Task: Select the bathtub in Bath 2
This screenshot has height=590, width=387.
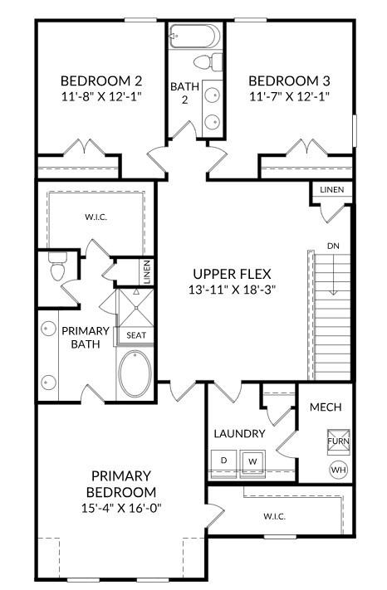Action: click(195, 36)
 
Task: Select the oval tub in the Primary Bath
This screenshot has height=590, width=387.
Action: click(135, 375)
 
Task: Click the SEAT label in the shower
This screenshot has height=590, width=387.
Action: click(135, 335)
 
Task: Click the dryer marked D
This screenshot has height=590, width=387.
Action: click(223, 460)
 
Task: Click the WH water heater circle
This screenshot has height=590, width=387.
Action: click(338, 470)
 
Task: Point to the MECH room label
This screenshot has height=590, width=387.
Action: click(326, 407)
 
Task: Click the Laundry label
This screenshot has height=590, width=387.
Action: click(239, 433)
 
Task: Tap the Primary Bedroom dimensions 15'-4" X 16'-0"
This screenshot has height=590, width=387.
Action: click(121, 507)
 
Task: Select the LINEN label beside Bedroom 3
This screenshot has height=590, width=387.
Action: click(331, 190)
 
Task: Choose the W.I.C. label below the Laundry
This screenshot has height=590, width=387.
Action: click(275, 516)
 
